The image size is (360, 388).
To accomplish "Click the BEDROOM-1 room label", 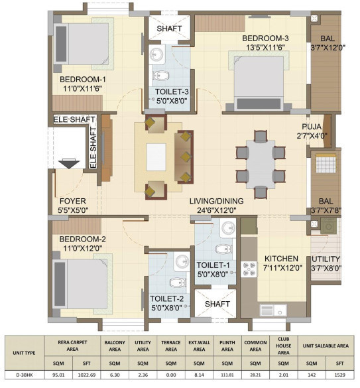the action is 83,80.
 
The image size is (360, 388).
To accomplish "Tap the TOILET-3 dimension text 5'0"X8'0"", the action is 172,101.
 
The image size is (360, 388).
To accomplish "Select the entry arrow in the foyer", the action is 69,164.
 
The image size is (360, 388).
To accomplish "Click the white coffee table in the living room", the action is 156,157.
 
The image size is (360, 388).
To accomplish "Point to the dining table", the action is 261,164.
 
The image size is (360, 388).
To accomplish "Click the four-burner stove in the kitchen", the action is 249,269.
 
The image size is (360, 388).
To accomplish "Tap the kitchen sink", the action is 273,310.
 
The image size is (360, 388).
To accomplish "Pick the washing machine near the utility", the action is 329,226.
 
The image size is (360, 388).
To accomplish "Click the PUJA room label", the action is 312,127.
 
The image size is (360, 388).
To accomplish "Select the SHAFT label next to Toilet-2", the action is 217,304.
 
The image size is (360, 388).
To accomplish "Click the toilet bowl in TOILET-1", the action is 223,249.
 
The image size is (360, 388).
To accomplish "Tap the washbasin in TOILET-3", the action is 156,54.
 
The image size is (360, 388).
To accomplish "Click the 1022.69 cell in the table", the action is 87,375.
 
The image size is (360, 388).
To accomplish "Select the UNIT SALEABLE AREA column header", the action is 326,346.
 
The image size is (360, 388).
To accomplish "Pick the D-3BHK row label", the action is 25,375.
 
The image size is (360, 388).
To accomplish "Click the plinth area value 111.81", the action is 227,375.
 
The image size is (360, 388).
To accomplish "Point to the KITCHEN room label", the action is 281,259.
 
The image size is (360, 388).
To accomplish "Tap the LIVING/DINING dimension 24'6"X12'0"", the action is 217,210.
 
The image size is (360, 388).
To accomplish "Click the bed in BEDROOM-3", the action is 259,83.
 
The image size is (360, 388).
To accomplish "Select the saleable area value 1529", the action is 339,375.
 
